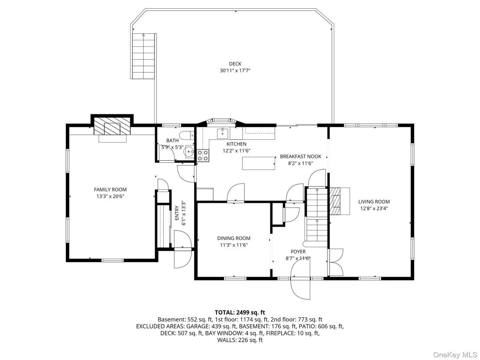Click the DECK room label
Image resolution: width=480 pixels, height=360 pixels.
click(x=235, y=64)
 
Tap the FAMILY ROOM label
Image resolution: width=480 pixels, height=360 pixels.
click(x=110, y=190)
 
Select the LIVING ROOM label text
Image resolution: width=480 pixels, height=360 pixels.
click(x=374, y=202)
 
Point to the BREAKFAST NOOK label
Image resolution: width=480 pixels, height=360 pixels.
click(x=301, y=157)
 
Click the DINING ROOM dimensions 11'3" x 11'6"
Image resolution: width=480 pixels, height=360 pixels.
click(x=234, y=245)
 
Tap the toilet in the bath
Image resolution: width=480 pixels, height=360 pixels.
click(x=187, y=135)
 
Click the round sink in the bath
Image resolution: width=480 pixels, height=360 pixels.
click(x=188, y=151)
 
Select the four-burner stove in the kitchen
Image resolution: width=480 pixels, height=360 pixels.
click(x=203, y=156)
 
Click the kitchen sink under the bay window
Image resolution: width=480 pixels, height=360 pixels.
click(x=222, y=133)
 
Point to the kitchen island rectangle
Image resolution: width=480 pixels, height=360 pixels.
click(x=259, y=163)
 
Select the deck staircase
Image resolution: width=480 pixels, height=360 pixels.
click(x=143, y=56)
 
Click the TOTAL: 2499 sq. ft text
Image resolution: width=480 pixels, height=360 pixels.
click(x=240, y=312)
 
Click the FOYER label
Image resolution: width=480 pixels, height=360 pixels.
click(x=298, y=252)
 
